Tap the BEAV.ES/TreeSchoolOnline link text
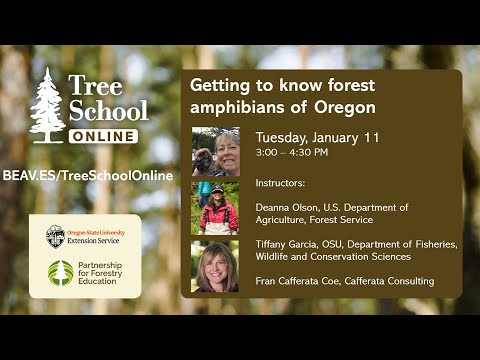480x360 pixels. pos(87,175)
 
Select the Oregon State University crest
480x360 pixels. pos(55,236)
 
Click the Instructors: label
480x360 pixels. pos(283,184)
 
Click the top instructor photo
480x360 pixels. pos(215,152)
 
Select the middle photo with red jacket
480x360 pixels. pos(215,208)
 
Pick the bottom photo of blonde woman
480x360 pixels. pos(215,265)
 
